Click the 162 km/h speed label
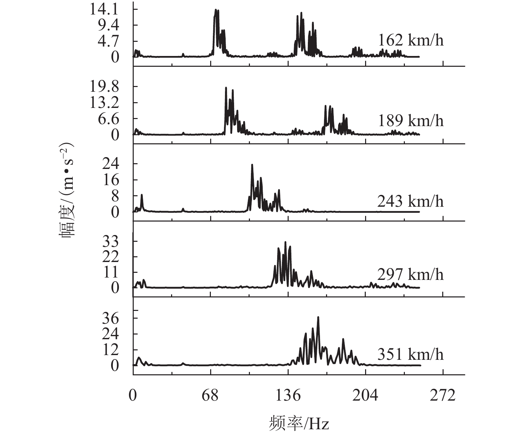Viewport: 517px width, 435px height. coord(411,40)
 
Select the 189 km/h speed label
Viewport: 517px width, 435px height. coord(411,121)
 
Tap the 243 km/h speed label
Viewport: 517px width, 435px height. coord(410,201)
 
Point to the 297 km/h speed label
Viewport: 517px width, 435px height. coord(410,274)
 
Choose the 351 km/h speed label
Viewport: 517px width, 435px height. coord(410,354)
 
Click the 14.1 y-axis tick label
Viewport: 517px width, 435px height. coord(104,9)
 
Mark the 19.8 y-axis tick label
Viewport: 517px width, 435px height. coord(104,87)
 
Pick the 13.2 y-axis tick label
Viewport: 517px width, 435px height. coord(104,103)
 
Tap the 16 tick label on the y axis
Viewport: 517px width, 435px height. coord(111,180)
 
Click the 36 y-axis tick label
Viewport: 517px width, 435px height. coord(111,318)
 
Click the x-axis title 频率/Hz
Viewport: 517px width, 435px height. coord(299,424)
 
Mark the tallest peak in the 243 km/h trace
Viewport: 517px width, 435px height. coord(252,165)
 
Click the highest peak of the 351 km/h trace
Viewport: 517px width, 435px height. coord(318,317)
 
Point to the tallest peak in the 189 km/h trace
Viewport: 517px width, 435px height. coord(226,88)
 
